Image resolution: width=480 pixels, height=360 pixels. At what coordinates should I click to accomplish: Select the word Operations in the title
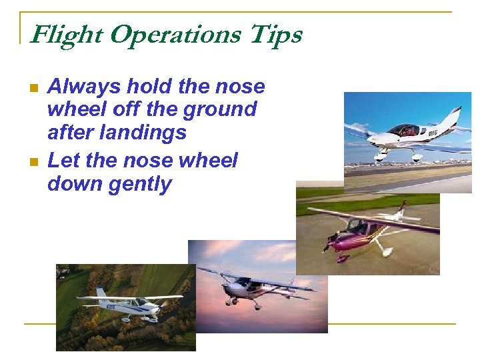coord(173,35)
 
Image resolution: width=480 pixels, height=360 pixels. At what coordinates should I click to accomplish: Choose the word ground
coord(221,110)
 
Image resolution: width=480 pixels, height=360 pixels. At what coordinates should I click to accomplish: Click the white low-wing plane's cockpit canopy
coord(403,129)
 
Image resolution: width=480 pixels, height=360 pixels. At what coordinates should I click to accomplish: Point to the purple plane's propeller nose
coord(329,241)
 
